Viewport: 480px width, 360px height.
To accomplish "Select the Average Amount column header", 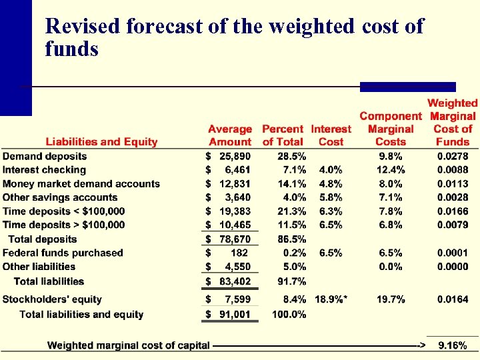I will click(230, 135).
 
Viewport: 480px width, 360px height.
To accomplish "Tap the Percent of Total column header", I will click(283, 135).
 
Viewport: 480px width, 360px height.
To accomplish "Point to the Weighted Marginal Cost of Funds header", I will click(453, 122).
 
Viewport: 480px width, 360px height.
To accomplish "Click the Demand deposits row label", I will click(45, 156).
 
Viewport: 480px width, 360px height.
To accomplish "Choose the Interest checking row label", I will click(45, 170).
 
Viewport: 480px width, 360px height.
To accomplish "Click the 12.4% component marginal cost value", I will click(391, 170).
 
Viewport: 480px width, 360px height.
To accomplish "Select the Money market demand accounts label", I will click(81, 184).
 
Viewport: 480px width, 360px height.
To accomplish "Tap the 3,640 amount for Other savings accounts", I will click(237, 197).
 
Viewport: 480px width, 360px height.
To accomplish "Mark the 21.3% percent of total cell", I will click(292, 211).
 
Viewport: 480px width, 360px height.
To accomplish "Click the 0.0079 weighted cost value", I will click(453, 225).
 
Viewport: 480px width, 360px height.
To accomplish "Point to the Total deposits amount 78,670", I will click(235, 239).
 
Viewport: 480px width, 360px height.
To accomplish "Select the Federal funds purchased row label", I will click(63, 253).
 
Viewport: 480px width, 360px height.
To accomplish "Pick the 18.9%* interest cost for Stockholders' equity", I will click(331, 300).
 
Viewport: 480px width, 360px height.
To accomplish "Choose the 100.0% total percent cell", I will click(289, 314).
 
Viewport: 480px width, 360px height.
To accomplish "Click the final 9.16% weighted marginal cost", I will click(453, 345).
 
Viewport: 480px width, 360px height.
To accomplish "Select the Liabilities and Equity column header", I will click(101, 141).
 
